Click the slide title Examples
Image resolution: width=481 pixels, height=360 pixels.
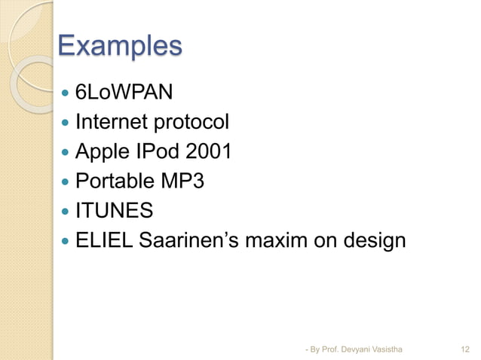point(120,46)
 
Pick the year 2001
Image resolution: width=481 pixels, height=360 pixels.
point(207,152)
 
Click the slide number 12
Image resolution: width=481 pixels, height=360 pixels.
point(465,349)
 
